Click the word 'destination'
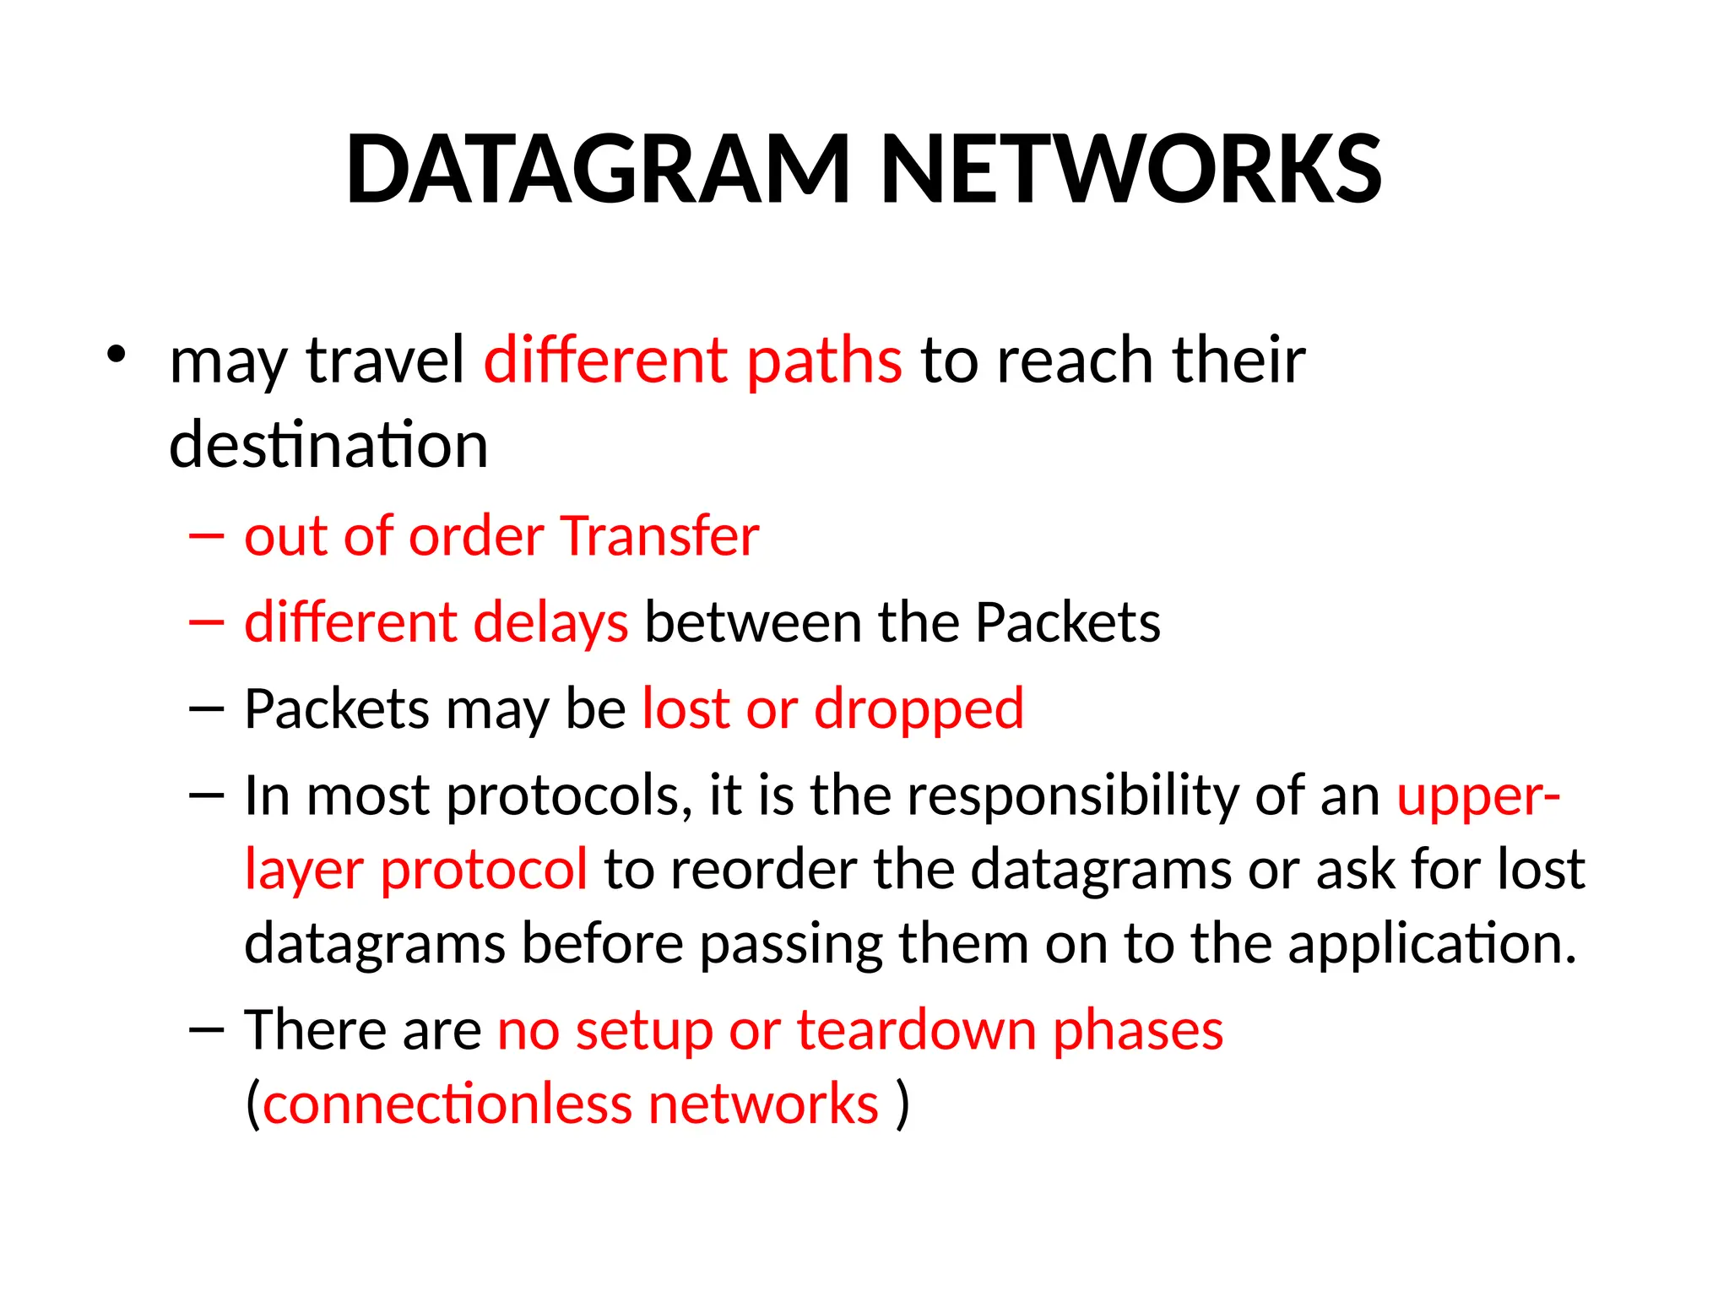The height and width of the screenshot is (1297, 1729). point(328,445)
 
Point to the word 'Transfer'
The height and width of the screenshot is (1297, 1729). point(659,536)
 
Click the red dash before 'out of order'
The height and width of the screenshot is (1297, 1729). point(207,536)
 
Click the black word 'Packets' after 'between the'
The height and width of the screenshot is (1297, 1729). point(1067,623)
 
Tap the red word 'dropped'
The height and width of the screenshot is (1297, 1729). point(919,709)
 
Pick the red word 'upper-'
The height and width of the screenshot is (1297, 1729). point(1477,795)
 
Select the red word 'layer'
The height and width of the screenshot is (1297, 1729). point(303,870)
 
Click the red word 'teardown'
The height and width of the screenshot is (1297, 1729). point(915,1030)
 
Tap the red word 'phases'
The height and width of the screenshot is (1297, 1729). point(1137,1030)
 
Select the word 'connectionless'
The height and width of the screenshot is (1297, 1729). point(447,1104)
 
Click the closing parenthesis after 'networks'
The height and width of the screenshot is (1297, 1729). point(902,1104)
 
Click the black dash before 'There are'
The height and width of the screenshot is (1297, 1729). point(207,1030)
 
